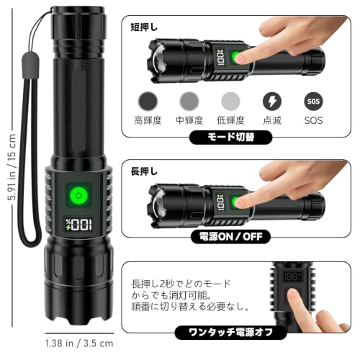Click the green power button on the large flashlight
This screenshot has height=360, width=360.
click(78, 195)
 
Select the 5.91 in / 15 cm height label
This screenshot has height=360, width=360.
click(12, 167)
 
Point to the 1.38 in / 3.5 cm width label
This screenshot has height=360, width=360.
click(79, 343)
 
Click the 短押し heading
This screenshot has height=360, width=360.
click(144, 27)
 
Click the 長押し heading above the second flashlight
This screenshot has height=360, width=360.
click(144, 171)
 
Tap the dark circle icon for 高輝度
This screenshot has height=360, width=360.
click(148, 102)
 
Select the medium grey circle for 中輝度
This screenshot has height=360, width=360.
click(189, 102)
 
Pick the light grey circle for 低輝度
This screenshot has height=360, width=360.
click(230, 102)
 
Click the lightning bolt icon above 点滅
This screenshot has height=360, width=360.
click(272, 102)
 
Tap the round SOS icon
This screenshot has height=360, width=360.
click(313, 102)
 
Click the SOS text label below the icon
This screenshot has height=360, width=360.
click(313, 120)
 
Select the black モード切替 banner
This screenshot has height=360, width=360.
click(230, 138)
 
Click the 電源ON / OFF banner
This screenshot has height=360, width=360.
click(230, 237)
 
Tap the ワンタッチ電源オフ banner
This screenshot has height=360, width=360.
click(230, 333)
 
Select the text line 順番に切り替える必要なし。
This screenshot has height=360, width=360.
click(190, 307)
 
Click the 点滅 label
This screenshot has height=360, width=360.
click(272, 120)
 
